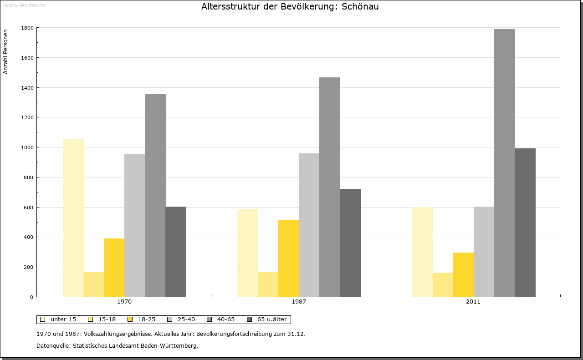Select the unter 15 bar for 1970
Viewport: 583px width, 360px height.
(x=73, y=218)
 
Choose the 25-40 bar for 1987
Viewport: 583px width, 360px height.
(x=309, y=225)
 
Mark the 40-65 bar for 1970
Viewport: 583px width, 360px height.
(x=155, y=195)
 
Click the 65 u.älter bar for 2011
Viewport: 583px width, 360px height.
(x=525, y=223)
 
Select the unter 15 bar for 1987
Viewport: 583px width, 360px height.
(x=248, y=253)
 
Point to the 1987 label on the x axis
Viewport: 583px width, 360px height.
(x=299, y=302)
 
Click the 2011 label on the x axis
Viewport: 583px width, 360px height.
(x=473, y=302)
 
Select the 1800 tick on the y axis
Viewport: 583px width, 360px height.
(x=27, y=28)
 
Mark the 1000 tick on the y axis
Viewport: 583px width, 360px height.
(x=27, y=147)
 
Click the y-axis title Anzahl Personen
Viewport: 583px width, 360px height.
(x=5, y=52)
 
